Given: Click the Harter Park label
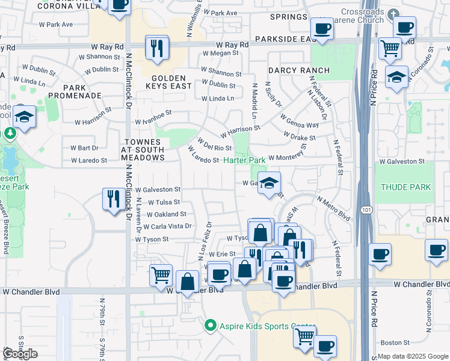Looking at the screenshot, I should point(244,161).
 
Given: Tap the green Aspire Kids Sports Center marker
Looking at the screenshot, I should point(210,326).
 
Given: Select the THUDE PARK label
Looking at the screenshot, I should point(405,187).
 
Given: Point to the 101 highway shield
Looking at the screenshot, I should point(365,210).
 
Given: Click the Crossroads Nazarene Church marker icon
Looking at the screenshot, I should point(393,13).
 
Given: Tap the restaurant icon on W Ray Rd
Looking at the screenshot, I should point(157,48).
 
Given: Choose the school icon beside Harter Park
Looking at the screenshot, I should point(270,184).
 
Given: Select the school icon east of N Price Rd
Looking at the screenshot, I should point(396,78).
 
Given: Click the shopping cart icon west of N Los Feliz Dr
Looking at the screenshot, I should point(161,274).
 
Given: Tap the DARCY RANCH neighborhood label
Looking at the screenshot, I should point(299,70).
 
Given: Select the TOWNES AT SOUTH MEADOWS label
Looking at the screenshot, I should point(143,149).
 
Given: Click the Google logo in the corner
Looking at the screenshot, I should point(20,353).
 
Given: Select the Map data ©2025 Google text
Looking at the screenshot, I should point(413,356).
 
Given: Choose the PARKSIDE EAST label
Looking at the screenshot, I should point(282,39).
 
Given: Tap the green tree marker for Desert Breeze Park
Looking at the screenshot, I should point(10,132).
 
